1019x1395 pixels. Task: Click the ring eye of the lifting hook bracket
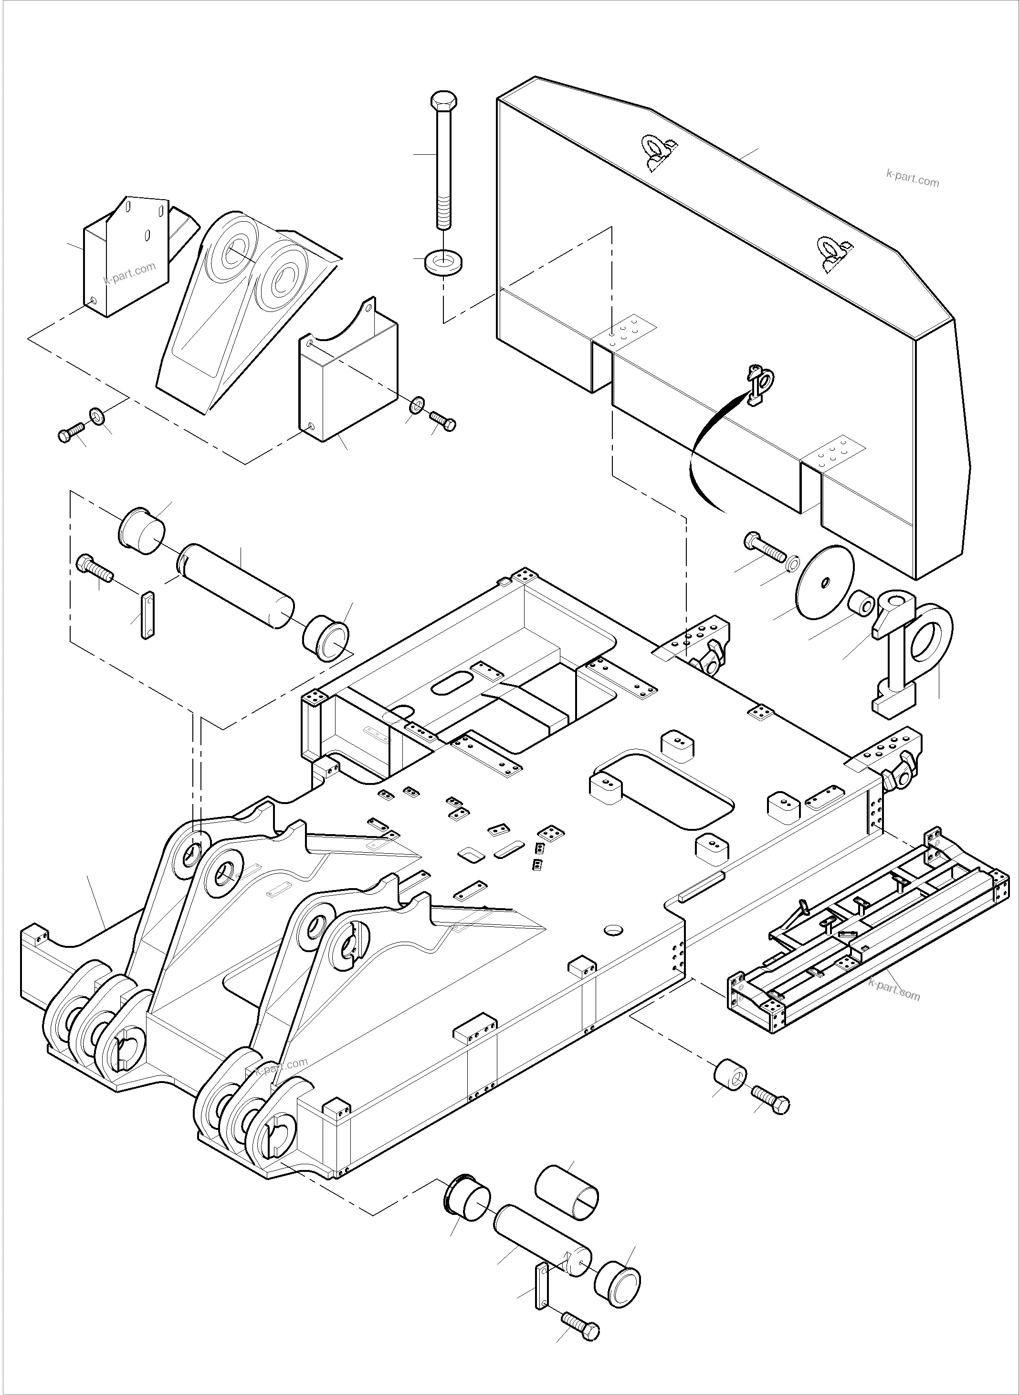930,636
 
